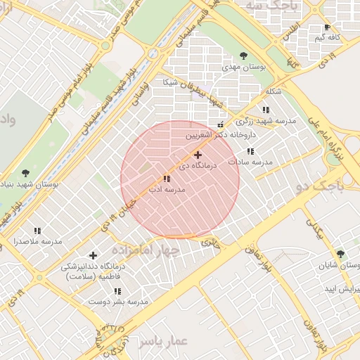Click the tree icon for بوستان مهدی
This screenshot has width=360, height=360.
tap(244, 56)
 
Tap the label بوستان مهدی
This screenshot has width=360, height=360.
tap(244, 67)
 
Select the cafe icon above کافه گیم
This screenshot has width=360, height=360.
tap(327, 27)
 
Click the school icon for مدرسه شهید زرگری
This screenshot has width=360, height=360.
tap(266, 110)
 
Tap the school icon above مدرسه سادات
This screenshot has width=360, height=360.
tap(250, 151)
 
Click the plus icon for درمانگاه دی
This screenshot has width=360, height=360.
tap(198, 155)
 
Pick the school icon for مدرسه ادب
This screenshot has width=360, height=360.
tap(167, 179)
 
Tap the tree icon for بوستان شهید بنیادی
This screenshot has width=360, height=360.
tap(26, 172)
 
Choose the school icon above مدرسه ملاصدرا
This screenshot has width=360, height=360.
tap(37, 231)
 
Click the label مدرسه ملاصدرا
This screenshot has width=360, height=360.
tap(37, 242)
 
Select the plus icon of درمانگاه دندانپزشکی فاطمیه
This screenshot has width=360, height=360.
tap(94, 256)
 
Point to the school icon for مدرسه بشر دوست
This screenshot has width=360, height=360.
tap(117, 291)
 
